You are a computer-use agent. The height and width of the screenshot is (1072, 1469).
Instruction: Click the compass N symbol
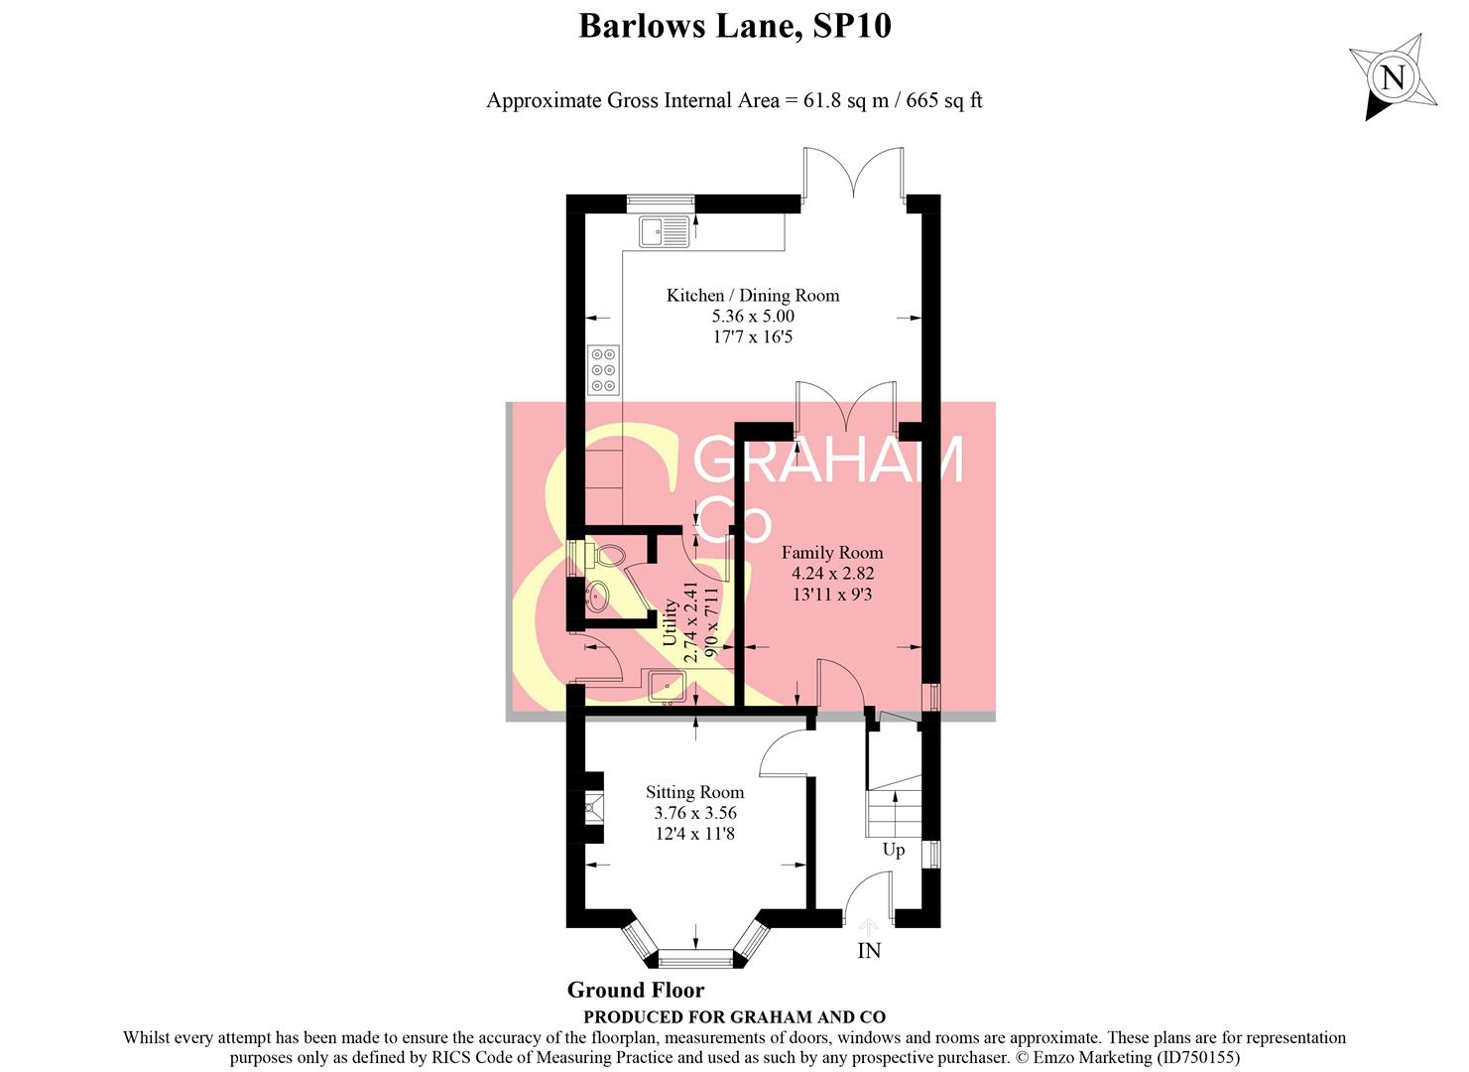click(x=1393, y=77)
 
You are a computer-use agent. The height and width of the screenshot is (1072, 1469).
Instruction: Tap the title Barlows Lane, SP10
click(x=734, y=26)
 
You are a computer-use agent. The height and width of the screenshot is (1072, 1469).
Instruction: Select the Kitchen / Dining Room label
click(x=752, y=295)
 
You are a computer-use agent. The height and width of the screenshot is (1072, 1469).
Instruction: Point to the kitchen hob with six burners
click(x=603, y=369)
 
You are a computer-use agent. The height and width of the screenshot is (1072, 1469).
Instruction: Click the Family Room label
click(x=831, y=553)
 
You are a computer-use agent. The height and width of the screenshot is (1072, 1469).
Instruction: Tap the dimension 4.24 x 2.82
click(x=831, y=574)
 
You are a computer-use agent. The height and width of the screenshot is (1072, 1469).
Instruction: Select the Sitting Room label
click(x=694, y=792)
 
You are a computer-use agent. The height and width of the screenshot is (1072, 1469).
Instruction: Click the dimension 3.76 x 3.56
click(x=694, y=813)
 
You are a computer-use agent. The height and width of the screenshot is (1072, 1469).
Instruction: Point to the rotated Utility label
click(x=671, y=622)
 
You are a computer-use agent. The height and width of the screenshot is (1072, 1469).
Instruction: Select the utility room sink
click(x=666, y=685)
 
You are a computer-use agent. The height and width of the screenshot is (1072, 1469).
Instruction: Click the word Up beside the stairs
click(x=893, y=850)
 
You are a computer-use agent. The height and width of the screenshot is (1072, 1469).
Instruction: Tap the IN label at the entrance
click(x=869, y=951)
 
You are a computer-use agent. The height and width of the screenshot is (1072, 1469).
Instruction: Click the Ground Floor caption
click(x=636, y=990)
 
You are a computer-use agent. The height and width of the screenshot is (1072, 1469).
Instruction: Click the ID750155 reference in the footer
click(x=1196, y=1058)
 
